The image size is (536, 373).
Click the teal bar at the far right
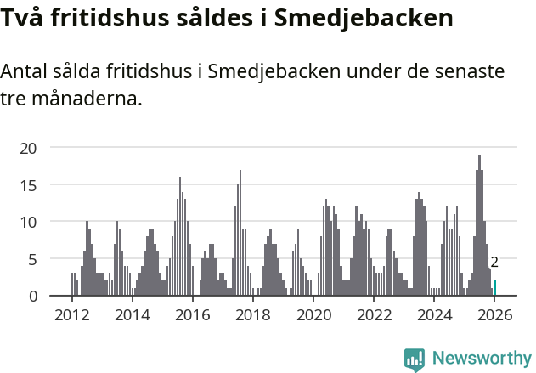(495, 288)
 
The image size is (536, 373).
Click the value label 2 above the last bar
(494, 263)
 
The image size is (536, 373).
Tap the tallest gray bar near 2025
(479, 225)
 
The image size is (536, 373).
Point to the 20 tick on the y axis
(29, 148)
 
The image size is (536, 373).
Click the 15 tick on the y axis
(29, 184)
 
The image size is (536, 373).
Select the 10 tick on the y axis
(29, 222)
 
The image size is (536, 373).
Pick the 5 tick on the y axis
(32, 258)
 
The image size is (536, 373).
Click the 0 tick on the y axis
(32, 296)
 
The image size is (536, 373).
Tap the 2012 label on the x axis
(71, 315)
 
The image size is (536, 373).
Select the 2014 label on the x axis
(132, 315)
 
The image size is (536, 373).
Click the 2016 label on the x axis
(193, 315)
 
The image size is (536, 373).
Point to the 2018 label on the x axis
(253, 315)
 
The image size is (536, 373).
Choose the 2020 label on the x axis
(314, 315)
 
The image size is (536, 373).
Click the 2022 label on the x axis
(375, 315)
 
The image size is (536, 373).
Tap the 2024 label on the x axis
(435, 315)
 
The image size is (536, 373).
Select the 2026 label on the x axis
(495, 315)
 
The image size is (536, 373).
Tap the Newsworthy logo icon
(415, 359)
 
